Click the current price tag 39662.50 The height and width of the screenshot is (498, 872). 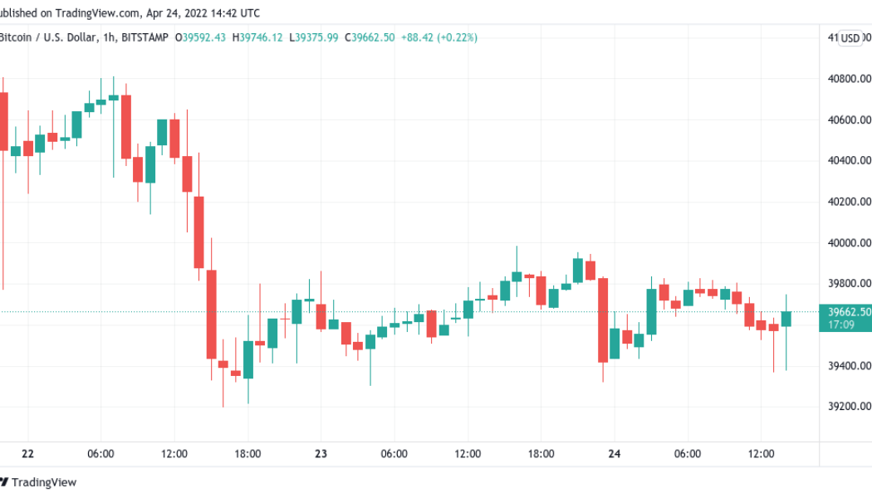pos(850,312)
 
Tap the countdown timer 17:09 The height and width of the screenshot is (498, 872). pos(841,325)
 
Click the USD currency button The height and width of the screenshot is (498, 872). pos(850,37)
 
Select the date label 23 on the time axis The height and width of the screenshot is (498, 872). pos(321,454)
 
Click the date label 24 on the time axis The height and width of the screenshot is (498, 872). pos(615,454)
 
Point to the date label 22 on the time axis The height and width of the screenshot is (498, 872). pos(28,454)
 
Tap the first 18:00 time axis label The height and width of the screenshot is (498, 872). pos(247,454)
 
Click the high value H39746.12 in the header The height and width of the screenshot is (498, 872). pos(257,37)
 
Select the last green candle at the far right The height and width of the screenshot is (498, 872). pos(786,318)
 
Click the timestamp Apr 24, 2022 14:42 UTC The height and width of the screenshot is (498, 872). pos(202,13)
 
